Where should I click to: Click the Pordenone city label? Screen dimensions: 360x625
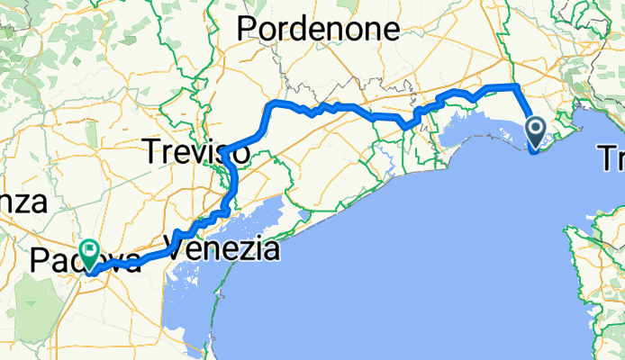pyautogui.click(x=318, y=29)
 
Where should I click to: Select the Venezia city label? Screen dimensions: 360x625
pyautogui.click(x=223, y=247)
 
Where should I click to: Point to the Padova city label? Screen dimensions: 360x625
pyautogui.click(x=86, y=262)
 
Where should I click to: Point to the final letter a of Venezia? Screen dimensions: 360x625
pyautogui.click(x=269, y=248)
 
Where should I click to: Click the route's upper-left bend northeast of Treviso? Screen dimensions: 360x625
pyautogui.click(x=271, y=106)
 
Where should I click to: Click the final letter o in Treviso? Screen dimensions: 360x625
pyautogui.click(x=241, y=156)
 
